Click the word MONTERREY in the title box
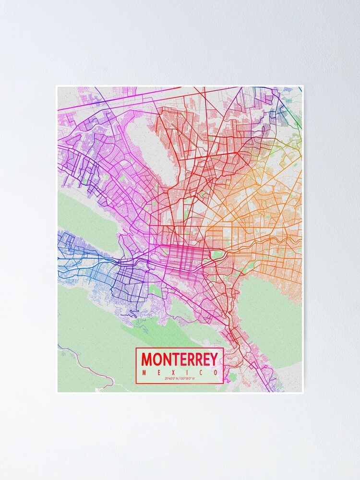click(x=180, y=359)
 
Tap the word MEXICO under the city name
click(x=180, y=372)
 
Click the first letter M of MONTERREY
click(x=146, y=359)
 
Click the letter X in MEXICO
click(x=173, y=372)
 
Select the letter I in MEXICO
click(x=187, y=372)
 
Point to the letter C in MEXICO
click(x=200, y=372)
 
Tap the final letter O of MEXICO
click(x=215, y=372)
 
